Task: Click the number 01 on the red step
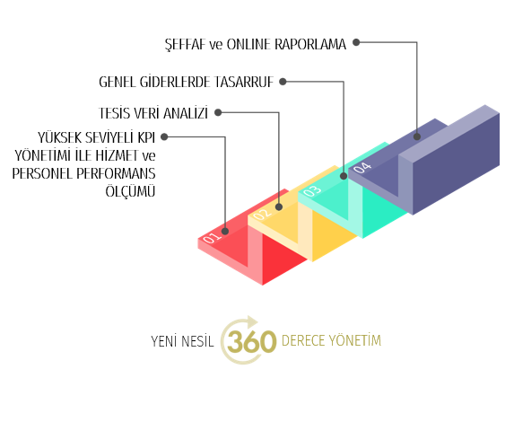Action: (x=212, y=238)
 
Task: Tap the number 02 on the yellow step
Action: (x=263, y=214)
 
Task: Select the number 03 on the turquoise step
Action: (x=312, y=190)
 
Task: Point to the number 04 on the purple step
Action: (x=362, y=167)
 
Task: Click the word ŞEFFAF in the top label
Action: (x=185, y=45)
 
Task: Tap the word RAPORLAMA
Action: (x=310, y=44)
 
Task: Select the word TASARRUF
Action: (x=244, y=82)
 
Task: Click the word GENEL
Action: (x=117, y=82)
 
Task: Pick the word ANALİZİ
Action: (x=186, y=113)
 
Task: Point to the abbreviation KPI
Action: (x=146, y=137)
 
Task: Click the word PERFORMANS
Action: (x=116, y=173)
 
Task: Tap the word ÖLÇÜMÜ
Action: (x=130, y=190)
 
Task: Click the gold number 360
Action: (x=252, y=341)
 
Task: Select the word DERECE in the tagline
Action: (x=303, y=340)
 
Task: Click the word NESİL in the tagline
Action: (x=197, y=341)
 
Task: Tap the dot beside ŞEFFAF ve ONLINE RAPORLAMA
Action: (x=356, y=42)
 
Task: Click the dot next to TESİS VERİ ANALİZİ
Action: (x=218, y=112)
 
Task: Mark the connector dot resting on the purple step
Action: (x=417, y=136)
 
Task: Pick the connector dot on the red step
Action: (x=225, y=231)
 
